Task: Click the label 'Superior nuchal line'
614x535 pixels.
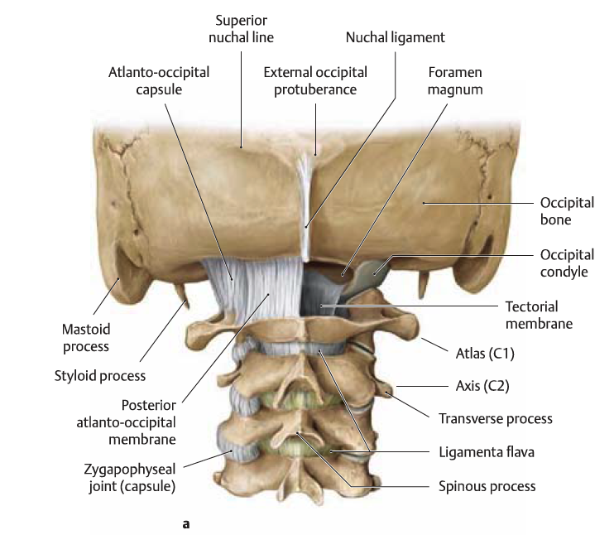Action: click(x=241, y=29)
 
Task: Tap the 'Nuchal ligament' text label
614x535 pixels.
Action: click(x=395, y=37)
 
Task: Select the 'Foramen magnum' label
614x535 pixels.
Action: click(x=455, y=80)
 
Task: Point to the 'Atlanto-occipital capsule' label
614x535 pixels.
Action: click(x=159, y=80)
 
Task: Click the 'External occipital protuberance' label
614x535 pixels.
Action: click(x=315, y=80)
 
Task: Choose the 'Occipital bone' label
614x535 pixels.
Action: click(x=567, y=211)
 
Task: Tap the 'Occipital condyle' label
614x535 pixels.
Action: click(x=567, y=263)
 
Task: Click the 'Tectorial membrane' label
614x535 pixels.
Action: click(x=539, y=316)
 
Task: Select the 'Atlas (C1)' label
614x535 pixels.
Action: click(x=485, y=354)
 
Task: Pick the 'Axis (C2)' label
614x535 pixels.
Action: click(x=482, y=386)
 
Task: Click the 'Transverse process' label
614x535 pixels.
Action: click(x=496, y=418)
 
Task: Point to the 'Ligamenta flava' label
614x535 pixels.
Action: click(x=487, y=452)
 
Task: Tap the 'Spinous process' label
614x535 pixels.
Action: click(x=487, y=486)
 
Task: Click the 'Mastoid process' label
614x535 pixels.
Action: click(x=86, y=338)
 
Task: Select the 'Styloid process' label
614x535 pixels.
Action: click(x=100, y=376)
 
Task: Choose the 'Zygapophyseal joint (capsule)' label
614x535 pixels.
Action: click(x=130, y=478)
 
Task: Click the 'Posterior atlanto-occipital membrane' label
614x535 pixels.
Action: click(x=126, y=422)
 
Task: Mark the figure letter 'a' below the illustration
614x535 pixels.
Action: click(x=185, y=524)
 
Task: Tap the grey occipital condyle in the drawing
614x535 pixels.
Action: click(x=366, y=277)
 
